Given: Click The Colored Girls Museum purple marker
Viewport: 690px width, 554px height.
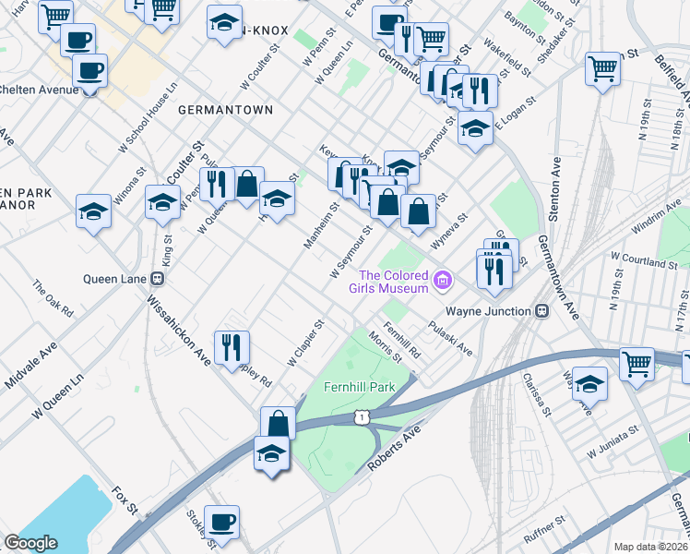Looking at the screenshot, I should click(x=444, y=280).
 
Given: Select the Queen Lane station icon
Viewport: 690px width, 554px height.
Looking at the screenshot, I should click(x=158, y=277).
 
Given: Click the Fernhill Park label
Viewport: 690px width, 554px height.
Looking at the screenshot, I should click(x=359, y=386).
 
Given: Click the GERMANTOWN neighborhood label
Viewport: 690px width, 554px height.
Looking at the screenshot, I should click(x=225, y=110).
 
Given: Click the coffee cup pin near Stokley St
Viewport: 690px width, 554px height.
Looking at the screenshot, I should click(x=221, y=522).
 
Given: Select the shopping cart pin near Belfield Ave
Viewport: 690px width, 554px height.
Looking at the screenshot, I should click(x=602, y=67).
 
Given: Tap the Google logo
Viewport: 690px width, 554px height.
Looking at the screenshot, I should click(x=30, y=543).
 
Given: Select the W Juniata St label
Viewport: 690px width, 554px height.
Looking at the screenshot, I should click(x=613, y=443).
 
